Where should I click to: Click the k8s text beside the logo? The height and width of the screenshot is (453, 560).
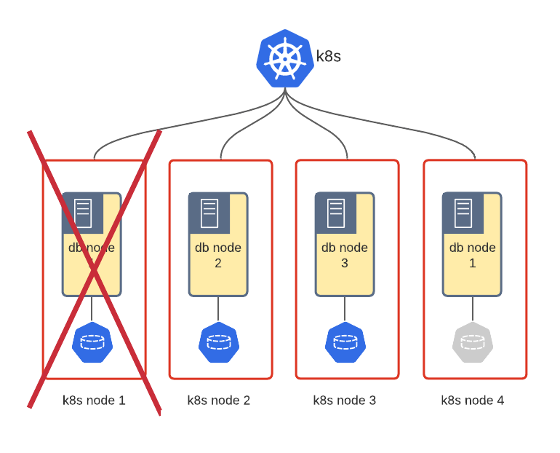pyautogui.click(x=328, y=56)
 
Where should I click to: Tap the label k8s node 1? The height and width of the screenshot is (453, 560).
pyautogui.click(x=94, y=400)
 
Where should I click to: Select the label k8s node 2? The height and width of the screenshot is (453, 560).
pyautogui.click(x=219, y=400)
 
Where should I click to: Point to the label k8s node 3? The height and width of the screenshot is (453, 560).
pyautogui.click(x=345, y=400)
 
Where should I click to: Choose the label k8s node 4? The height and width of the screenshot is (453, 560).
pyautogui.click(x=472, y=400)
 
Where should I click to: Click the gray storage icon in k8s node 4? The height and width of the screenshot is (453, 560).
pyautogui.click(x=472, y=342)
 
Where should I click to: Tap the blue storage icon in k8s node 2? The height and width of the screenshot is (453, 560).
pyautogui.click(x=219, y=342)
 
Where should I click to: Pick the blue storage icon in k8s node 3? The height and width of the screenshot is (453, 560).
pyautogui.click(x=345, y=342)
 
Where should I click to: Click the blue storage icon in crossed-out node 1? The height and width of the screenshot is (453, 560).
pyautogui.click(x=92, y=342)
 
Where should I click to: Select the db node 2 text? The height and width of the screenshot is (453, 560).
pyautogui.click(x=218, y=255)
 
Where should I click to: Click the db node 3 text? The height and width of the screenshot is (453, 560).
pyautogui.click(x=345, y=255)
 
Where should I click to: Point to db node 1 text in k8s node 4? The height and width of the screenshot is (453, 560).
pyautogui.click(x=472, y=255)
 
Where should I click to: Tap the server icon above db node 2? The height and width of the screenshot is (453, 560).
pyautogui.click(x=209, y=213)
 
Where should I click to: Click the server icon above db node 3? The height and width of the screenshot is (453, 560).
pyautogui.click(x=336, y=213)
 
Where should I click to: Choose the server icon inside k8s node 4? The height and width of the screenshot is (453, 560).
pyautogui.click(x=463, y=213)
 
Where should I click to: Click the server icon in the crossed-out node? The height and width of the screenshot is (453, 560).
pyautogui.click(x=83, y=213)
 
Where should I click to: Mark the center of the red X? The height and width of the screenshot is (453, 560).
pyautogui.click(x=94, y=269)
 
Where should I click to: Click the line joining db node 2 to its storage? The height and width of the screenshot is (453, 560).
pyautogui.click(x=218, y=309)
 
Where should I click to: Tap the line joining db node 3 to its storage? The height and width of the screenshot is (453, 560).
pyautogui.click(x=345, y=309)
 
